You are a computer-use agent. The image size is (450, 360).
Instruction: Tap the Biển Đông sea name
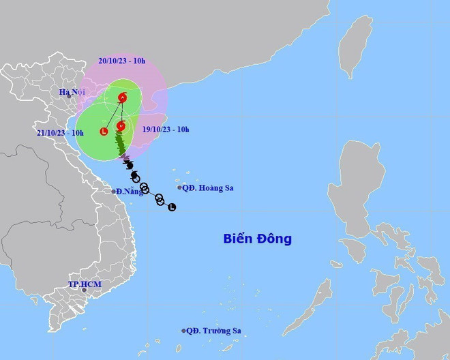tap(258, 239)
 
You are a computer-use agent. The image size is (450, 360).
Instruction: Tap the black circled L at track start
tap(172, 207)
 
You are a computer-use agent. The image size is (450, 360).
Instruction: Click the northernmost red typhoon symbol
tap(123, 98)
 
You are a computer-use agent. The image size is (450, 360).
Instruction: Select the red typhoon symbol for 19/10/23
tap(121, 125)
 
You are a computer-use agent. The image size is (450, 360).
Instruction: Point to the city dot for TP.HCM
tap(85, 290)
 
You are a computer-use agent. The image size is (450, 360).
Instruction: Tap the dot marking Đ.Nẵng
tap(114, 192)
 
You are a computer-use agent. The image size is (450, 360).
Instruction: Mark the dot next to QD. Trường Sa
tap(184, 331)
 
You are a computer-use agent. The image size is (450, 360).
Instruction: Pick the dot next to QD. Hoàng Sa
tap(179, 187)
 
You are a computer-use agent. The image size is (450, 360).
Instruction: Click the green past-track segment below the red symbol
tap(121, 144)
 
